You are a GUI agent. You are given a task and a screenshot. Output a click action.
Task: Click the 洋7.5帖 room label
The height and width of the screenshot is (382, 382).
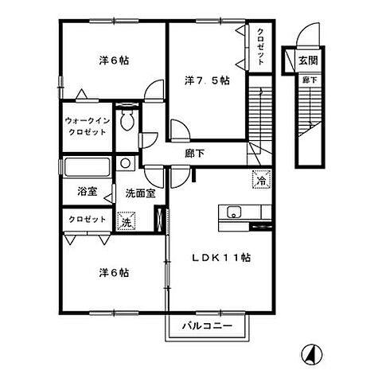pyautogui.click(x=207, y=80)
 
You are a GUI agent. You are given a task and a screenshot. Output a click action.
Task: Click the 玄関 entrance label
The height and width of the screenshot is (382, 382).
pyautogui.click(x=307, y=60)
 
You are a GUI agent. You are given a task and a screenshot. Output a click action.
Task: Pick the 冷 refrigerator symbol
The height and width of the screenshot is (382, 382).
pyautogui.click(x=259, y=181)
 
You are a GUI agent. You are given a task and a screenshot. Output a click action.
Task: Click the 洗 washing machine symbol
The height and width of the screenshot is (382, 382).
pyautogui.click(x=125, y=223)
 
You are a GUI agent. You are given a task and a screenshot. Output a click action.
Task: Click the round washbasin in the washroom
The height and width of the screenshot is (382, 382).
pyautogui.click(x=125, y=163)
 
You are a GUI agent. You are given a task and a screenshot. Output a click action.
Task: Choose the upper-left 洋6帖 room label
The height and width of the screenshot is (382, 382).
pyautogui.click(x=113, y=60)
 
